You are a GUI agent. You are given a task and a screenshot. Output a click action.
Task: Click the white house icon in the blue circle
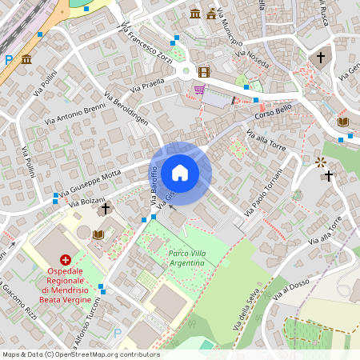(x=180, y=172)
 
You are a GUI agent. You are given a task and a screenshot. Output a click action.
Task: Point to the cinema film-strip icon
(x=203, y=72)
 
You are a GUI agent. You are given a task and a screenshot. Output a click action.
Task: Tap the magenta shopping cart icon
(x=198, y=89)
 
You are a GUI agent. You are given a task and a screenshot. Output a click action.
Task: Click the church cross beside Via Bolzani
(x=105, y=209)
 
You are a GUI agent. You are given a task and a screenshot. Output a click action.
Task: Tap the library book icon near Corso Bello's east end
(x=343, y=122)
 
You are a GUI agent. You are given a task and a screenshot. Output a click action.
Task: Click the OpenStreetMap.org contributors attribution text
(x=104, y=354)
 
